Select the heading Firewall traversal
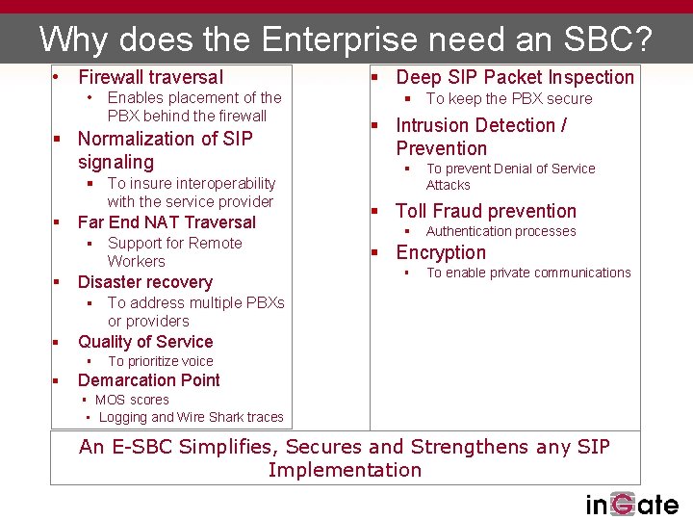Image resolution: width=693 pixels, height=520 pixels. (150, 77)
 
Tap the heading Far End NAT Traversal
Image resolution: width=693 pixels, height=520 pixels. (167, 222)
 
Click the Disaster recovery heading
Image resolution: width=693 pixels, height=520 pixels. (144, 282)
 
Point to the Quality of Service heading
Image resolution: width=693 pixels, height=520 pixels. (145, 342)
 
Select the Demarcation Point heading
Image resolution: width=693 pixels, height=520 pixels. (148, 380)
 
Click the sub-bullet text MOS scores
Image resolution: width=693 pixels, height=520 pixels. (132, 400)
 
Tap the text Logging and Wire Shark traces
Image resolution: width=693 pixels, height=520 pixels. (191, 417)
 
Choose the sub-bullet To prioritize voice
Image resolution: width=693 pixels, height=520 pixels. (160, 361)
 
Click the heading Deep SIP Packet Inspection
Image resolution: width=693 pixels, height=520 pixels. (515, 77)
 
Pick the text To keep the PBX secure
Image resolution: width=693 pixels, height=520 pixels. (508, 98)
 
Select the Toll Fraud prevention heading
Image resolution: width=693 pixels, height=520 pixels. (486, 211)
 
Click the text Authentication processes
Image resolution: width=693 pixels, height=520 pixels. (500, 231)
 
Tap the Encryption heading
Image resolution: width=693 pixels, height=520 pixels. (441, 252)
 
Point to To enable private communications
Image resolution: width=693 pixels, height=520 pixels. (528, 273)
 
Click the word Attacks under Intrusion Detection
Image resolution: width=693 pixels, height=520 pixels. (449, 185)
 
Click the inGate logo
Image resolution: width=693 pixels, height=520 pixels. (631, 504)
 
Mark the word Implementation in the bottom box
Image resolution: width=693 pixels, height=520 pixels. (345, 470)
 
